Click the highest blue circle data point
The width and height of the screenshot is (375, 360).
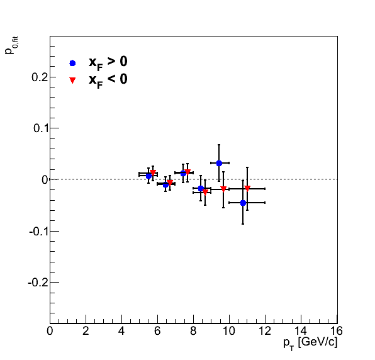point(219,164)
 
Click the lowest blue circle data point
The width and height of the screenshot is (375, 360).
point(243,203)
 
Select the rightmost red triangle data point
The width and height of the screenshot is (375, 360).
point(247,188)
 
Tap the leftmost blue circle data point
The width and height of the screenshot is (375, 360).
point(148,176)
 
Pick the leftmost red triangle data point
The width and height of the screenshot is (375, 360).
point(153,172)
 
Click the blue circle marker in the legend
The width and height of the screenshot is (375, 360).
point(72,63)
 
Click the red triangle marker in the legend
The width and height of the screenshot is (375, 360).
point(72,80)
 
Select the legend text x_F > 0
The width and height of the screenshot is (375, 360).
point(108,63)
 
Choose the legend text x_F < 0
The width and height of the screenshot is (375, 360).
point(108,81)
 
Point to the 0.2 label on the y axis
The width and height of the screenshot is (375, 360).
point(40,77)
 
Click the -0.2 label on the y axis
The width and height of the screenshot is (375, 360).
point(38,283)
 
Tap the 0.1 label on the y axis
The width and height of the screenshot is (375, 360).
point(41,128)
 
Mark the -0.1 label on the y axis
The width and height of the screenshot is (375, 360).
point(39,232)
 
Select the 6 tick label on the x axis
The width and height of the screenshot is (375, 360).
point(157,331)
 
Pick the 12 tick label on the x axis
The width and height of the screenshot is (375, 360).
point(265,331)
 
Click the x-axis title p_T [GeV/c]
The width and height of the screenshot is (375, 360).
point(310,344)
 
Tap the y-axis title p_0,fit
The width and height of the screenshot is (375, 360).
point(11,45)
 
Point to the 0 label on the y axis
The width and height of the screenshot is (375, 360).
point(45,179)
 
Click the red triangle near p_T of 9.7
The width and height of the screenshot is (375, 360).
point(223,189)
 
